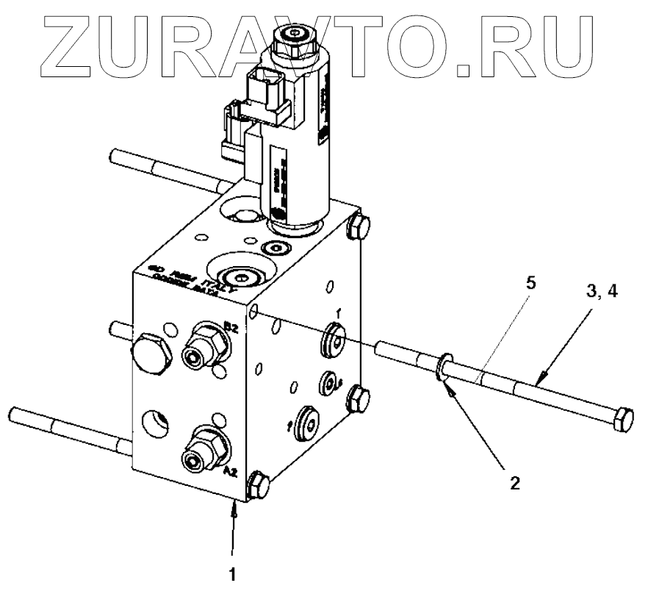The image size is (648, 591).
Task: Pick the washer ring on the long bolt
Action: [x=443, y=367]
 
